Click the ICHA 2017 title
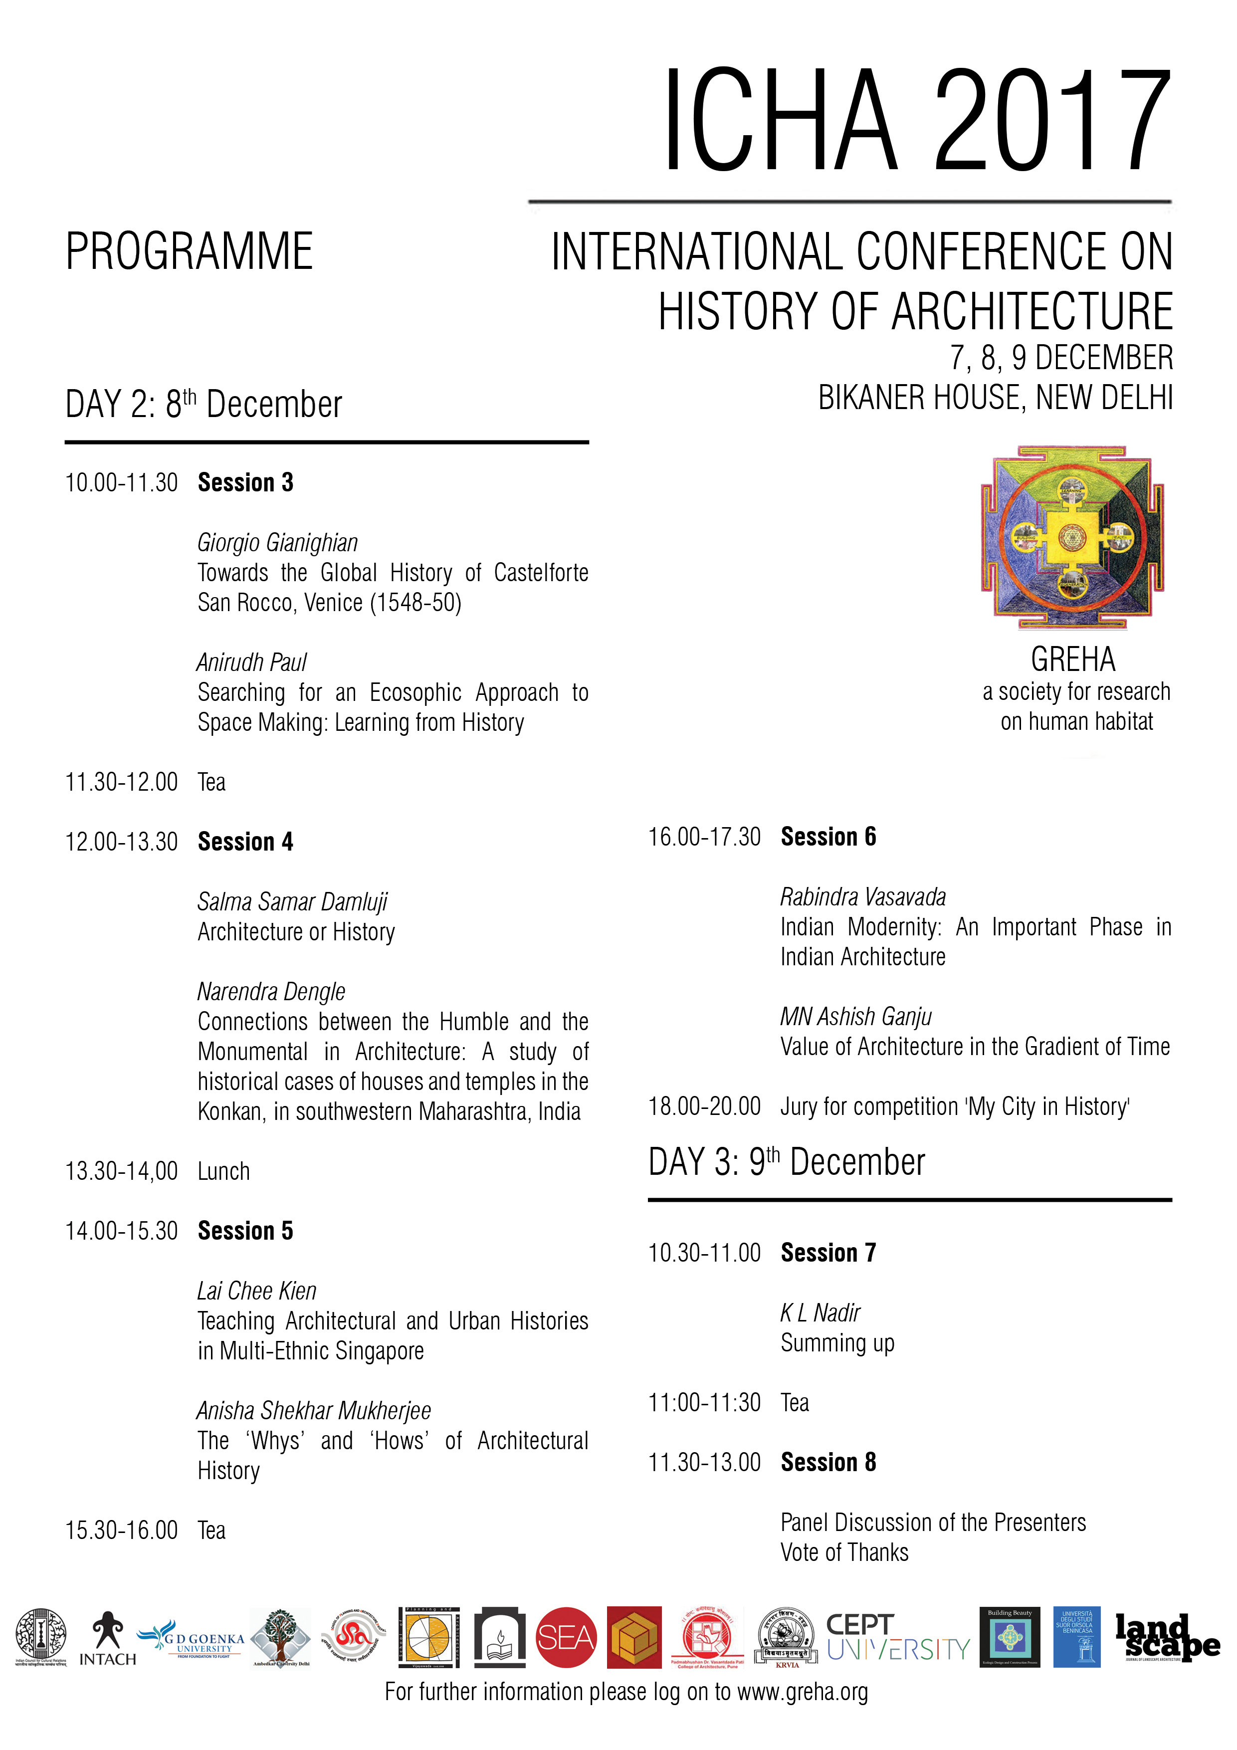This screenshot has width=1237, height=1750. (x=917, y=120)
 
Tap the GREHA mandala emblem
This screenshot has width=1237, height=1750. (x=1072, y=538)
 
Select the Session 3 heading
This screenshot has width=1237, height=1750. (x=245, y=482)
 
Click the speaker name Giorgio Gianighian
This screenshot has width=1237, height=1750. (x=277, y=543)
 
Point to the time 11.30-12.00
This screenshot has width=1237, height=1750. (x=121, y=782)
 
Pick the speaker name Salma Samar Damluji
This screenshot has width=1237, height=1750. (x=292, y=901)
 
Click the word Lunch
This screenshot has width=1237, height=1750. (x=223, y=1171)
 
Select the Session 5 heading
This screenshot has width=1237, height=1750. (x=245, y=1231)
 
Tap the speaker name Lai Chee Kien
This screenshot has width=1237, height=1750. (x=257, y=1291)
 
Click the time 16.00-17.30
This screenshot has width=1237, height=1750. (x=704, y=837)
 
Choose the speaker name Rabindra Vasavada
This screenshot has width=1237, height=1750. (x=863, y=897)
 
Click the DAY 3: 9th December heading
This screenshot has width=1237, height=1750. (x=787, y=1162)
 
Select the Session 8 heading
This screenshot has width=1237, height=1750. (x=828, y=1463)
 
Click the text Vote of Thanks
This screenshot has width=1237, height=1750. (x=844, y=1552)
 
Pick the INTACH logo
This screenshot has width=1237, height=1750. (x=107, y=1639)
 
